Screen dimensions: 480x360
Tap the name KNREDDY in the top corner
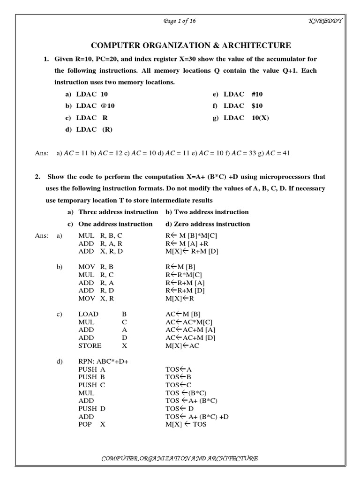(x=327, y=21)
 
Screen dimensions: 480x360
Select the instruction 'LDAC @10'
(x=91, y=106)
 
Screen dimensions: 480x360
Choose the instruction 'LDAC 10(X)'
(x=247, y=118)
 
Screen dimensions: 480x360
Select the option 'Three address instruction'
(x=118, y=212)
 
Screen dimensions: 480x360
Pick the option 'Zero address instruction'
(x=208, y=224)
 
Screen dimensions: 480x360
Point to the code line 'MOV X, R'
(x=96, y=298)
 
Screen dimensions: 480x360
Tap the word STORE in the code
(x=90, y=345)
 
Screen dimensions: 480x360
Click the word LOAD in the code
(x=88, y=314)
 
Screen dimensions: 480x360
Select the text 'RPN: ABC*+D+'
(x=104, y=361)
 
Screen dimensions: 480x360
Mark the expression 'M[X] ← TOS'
(x=186, y=424)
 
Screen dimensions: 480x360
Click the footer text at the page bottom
(x=180, y=458)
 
